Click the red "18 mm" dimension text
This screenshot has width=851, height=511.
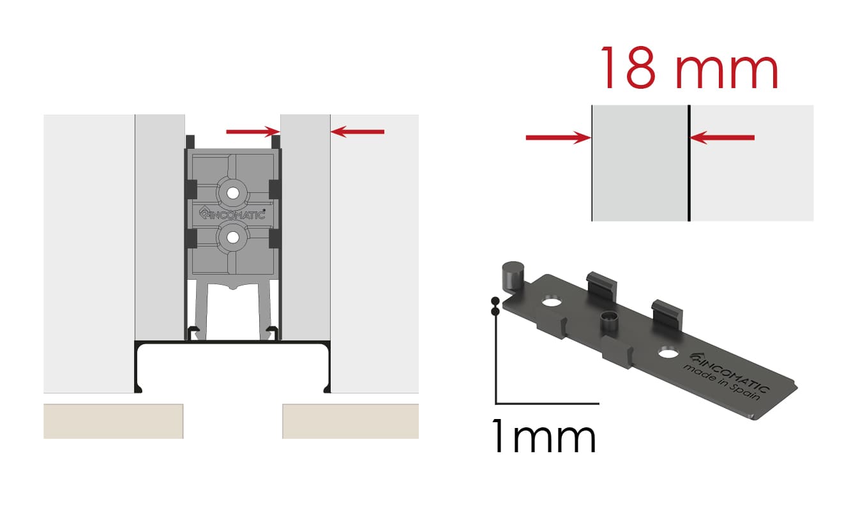[689, 68]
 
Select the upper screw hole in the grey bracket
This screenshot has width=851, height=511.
[233, 193]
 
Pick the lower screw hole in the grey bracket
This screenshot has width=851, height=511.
[233, 238]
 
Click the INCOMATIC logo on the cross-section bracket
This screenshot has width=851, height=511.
[232, 214]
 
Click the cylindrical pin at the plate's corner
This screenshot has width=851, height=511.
[513, 276]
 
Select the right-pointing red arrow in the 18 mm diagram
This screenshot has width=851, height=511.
[559, 137]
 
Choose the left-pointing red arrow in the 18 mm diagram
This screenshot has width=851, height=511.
[722, 137]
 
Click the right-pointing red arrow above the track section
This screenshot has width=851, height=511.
[253, 132]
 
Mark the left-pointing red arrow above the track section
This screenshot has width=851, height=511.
[358, 132]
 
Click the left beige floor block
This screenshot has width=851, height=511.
[113, 422]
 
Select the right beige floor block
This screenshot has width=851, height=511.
[350, 422]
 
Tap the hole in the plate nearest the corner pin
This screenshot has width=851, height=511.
[552, 303]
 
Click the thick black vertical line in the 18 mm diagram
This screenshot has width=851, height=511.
[689, 163]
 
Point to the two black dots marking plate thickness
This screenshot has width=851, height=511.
[495, 307]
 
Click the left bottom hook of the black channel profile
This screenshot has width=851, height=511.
[138, 388]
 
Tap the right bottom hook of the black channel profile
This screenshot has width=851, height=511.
[327, 388]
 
